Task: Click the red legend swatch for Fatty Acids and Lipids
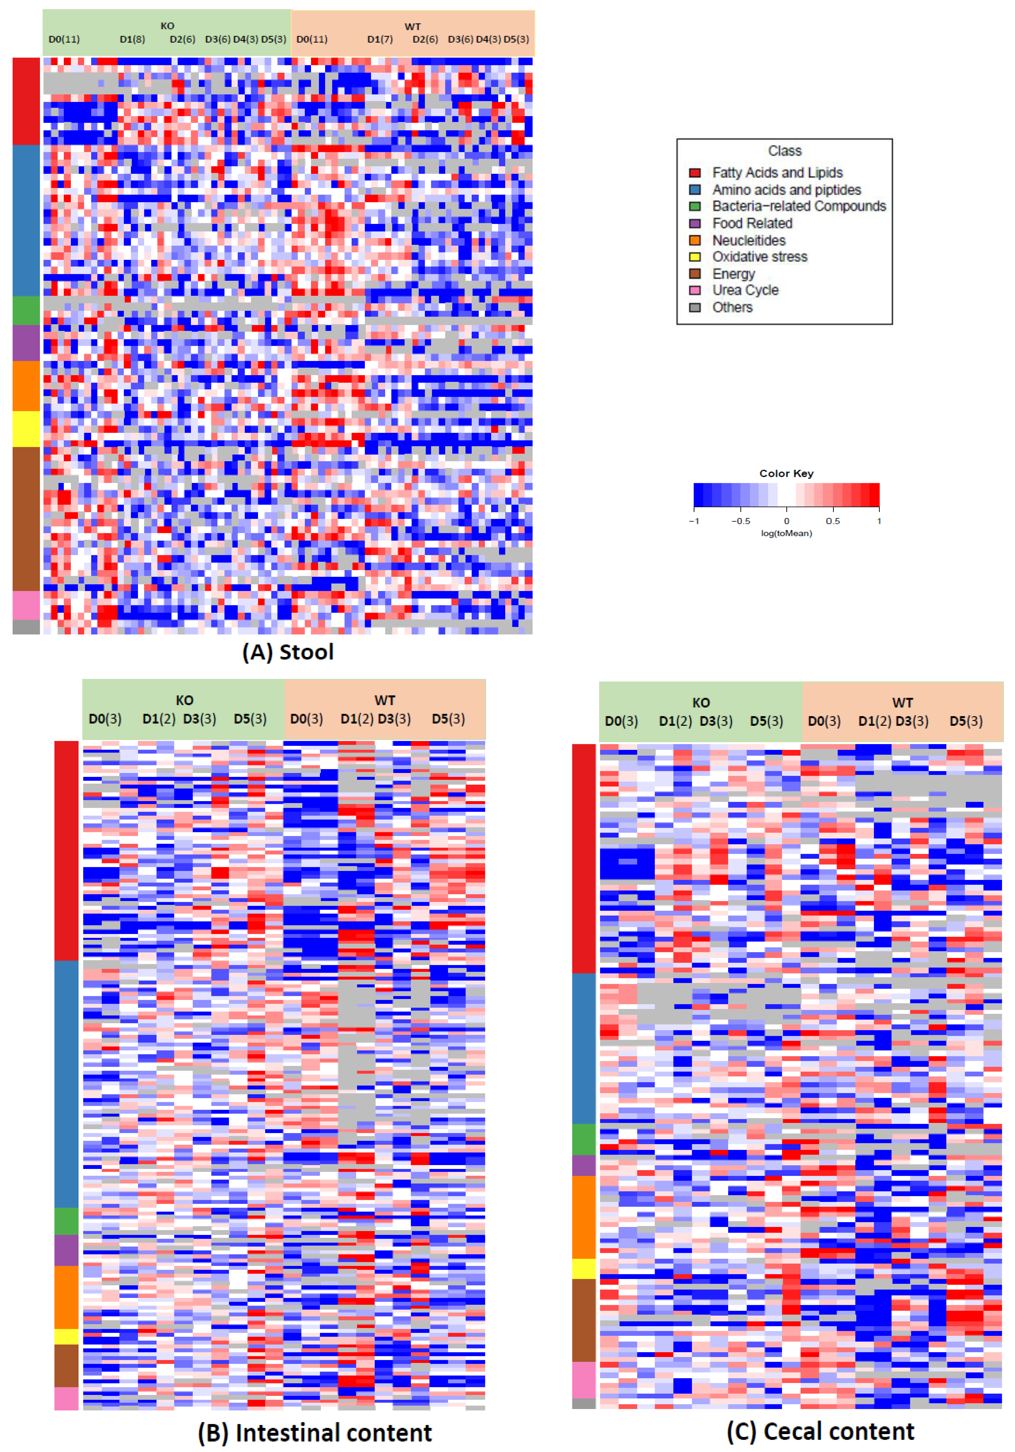tap(694, 173)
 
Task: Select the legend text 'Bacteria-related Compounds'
tap(799, 206)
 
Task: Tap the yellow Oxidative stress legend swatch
tap(694, 257)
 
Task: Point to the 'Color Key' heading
tap(786, 473)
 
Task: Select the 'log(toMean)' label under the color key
tap(786, 533)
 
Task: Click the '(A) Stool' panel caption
tap(288, 652)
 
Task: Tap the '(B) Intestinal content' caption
tap(314, 1432)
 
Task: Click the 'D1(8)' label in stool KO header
tap(132, 39)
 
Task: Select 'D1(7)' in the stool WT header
tap(380, 39)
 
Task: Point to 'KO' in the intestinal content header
tap(184, 700)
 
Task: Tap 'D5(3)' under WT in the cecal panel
tap(966, 721)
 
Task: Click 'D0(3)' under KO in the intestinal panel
tap(105, 719)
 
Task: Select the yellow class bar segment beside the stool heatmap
tap(26, 429)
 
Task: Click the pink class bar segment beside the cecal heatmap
tap(584, 1380)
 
